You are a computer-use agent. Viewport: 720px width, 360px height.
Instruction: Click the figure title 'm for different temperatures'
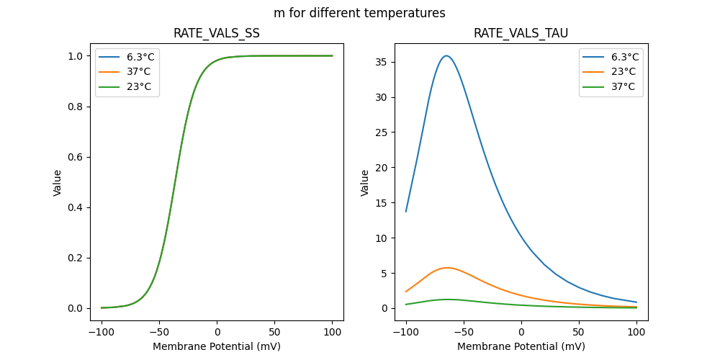pyautogui.click(x=359, y=13)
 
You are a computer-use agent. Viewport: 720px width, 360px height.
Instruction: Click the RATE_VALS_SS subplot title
pyautogui.click(x=217, y=34)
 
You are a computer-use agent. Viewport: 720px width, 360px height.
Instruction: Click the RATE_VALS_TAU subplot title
pyautogui.click(x=521, y=34)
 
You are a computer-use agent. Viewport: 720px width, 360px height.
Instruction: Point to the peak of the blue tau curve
pyautogui.click(x=446, y=55)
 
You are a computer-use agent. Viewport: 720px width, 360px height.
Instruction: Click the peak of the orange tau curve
pyautogui.click(x=447, y=268)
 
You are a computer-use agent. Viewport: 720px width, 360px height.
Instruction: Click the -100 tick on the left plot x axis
pyautogui.click(x=102, y=333)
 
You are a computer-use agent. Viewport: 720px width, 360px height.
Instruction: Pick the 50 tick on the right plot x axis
pyautogui.click(x=579, y=333)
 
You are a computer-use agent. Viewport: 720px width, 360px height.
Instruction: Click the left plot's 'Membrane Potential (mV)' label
pyautogui.click(x=217, y=346)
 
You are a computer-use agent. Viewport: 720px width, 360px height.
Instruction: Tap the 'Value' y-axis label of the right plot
pyautogui.click(x=365, y=183)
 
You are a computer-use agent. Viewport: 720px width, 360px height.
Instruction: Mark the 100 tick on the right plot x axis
pyautogui.click(x=636, y=333)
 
